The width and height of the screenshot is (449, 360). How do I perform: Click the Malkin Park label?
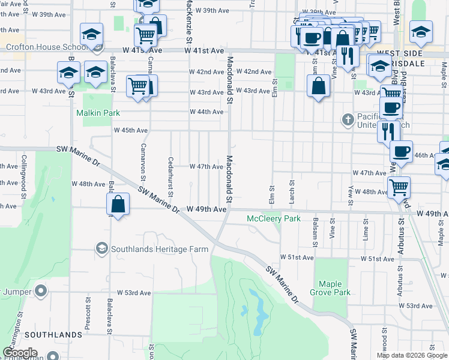coord(98,113)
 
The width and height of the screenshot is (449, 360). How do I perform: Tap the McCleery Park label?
coord(274,219)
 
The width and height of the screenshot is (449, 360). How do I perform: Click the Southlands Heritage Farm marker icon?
coord(101,248)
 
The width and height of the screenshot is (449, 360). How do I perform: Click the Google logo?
coord(20,353)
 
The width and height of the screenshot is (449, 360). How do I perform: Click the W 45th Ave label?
coord(131,130)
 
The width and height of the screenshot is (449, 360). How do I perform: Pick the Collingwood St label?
coord(25,173)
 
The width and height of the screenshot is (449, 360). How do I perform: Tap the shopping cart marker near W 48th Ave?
coord(399,187)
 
